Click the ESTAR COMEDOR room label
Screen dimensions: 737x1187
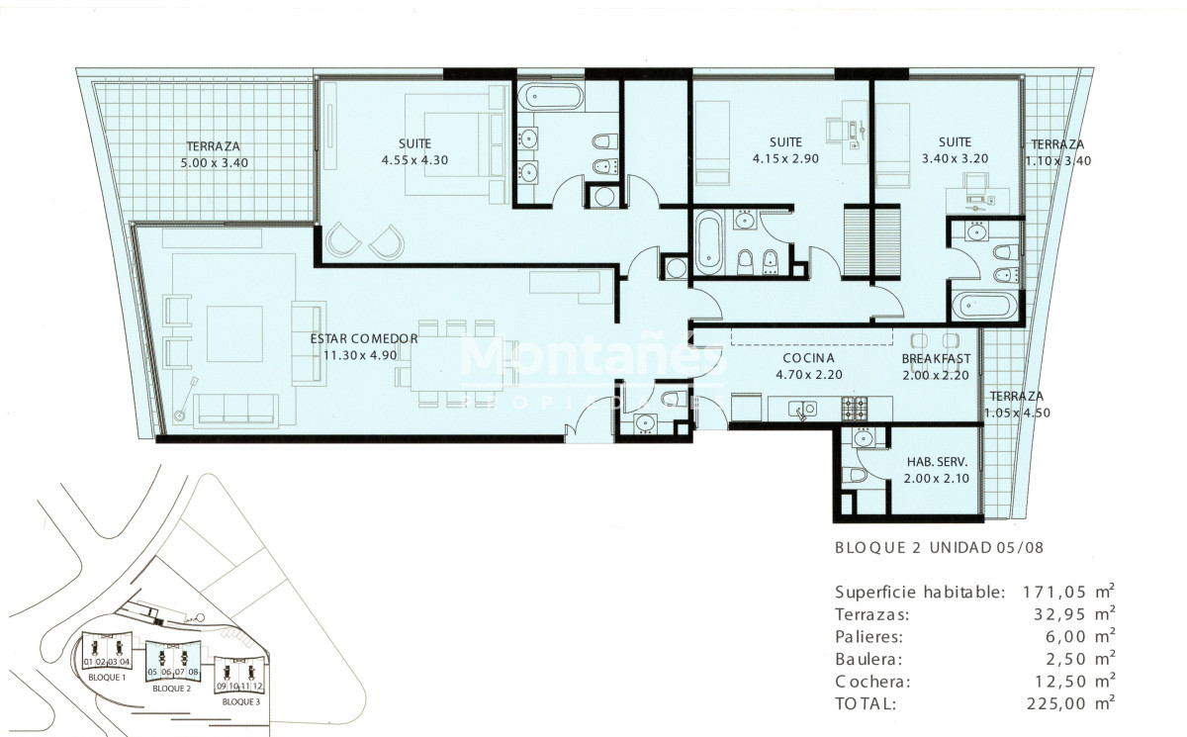tap(364, 338)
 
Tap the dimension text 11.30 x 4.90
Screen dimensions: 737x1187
tap(364, 354)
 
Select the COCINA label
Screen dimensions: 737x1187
tap(808, 358)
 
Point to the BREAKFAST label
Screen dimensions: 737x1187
tap(936, 358)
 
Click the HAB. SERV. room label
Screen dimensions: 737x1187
tap(936, 462)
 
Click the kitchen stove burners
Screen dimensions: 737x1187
tap(853, 407)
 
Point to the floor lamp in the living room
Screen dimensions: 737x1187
tap(186, 401)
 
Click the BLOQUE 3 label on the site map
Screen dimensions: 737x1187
tap(240, 701)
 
